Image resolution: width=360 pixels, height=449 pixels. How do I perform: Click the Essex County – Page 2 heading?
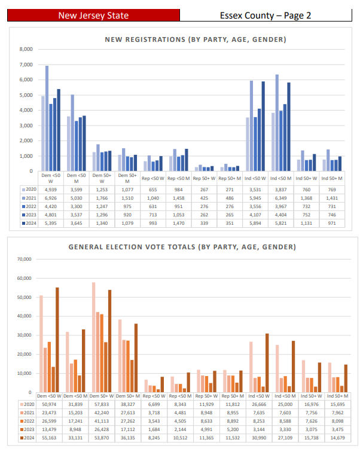(x=265, y=15)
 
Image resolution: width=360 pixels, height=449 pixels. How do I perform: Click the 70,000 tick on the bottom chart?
(x=23, y=259)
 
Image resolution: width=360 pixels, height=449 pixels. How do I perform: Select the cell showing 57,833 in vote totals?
(x=103, y=405)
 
